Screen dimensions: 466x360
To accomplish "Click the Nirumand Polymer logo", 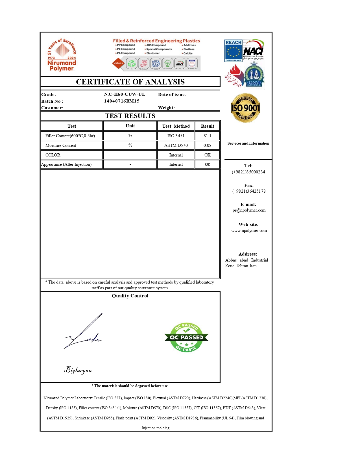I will [x=62, y=55].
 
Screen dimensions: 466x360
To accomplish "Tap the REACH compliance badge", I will [x=233, y=51].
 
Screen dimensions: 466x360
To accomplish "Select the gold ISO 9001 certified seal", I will [x=245, y=108].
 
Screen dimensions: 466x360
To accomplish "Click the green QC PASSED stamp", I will [x=186, y=337].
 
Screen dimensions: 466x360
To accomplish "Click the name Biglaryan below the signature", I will [x=78, y=370].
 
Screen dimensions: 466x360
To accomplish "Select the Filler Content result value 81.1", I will [x=207, y=136].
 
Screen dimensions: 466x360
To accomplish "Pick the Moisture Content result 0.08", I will [x=207, y=145].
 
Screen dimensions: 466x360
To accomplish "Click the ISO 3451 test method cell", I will [x=176, y=136].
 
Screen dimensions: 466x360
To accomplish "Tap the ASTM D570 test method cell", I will [x=176, y=145].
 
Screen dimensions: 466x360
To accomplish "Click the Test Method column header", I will [x=176, y=126].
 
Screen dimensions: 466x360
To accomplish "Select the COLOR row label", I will [x=53, y=155].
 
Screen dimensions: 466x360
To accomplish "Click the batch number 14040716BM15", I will [x=122, y=101].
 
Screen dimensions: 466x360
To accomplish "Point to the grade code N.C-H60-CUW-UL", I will [x=125, y=94].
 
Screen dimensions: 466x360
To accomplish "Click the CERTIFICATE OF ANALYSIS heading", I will [x=130, y=82].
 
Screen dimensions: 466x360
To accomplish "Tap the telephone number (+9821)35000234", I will [x=248, y=172].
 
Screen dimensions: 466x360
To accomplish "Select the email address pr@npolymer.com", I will [x=249, y=210].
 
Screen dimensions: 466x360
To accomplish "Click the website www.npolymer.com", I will [x=249, y=230].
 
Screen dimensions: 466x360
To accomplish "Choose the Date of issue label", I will [x=172, y=95].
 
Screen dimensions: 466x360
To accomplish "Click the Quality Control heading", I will [x=130, y=296].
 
